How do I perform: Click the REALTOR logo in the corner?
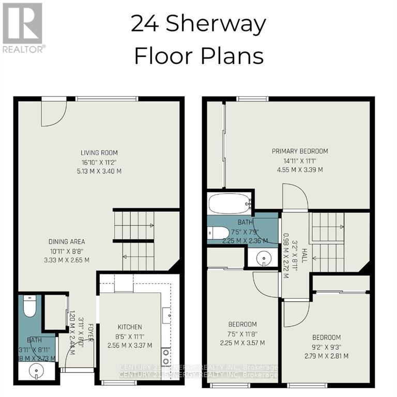[x=23, y=27]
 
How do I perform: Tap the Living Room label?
[x=99, y=152]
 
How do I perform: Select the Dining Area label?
[x=67, y=241]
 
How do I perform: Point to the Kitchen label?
[x=129, y=327]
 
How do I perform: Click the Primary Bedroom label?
[x=300, y=151]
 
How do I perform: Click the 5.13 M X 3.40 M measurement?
[x=99, y=171]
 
